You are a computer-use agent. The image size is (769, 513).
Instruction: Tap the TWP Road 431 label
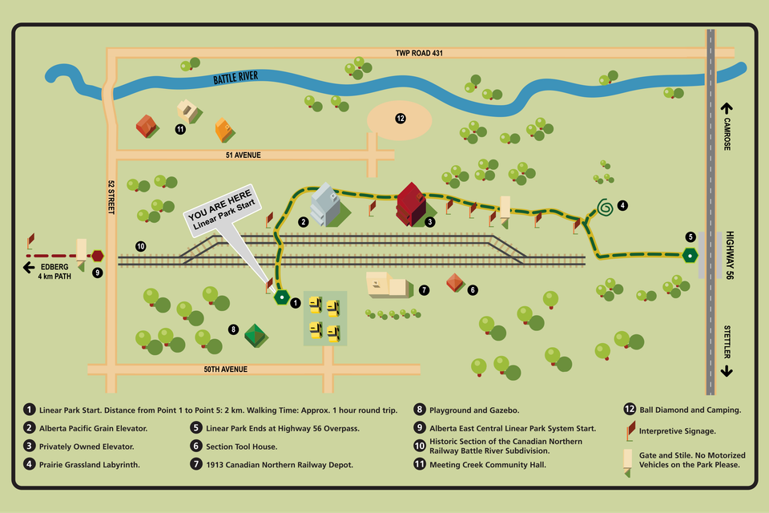tap(419, 53)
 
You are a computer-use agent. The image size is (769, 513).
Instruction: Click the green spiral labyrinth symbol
tap(605, 208)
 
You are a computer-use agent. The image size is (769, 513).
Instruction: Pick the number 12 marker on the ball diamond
tap(400, 118)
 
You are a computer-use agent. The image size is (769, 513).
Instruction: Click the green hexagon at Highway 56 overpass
tap(690, 255)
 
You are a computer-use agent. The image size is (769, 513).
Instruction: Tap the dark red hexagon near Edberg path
tap(97, 256)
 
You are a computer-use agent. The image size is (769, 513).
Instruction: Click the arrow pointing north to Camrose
tap(727, 107)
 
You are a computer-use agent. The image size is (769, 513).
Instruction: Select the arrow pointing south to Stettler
tap(727, 371)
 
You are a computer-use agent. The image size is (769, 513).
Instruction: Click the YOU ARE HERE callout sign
tap(221, 212)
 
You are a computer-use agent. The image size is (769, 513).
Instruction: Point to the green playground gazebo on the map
tap(256, 335)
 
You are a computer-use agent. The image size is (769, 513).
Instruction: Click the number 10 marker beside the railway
tap(140, 246)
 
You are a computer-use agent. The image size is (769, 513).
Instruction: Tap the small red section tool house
tap(455, 282)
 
